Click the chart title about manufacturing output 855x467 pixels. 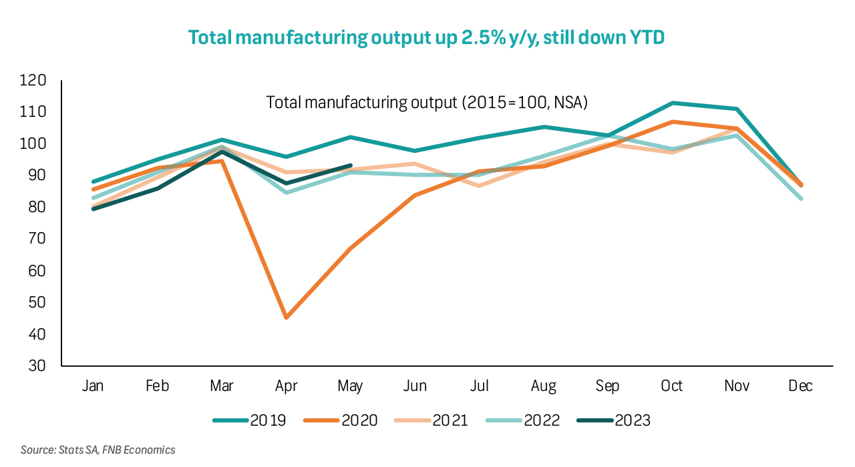(426, 37)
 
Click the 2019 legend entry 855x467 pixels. (250, 420)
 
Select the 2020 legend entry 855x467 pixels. (341, 420)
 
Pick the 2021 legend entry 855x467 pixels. (432, 420)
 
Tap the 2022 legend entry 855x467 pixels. (522, 420)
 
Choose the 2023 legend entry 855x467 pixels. (613, 420)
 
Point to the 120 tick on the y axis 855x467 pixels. (33, 81)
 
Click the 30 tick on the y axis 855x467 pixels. (36, 366)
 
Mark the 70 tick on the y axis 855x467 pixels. (36, 240)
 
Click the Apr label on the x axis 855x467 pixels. (286, 386)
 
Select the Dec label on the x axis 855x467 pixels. (800, 386)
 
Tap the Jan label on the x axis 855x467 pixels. (93, 386)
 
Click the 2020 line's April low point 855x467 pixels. (286, 318)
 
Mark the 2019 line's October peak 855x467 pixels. (672, 103)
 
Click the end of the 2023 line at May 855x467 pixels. (350, 165)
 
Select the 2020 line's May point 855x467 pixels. (350, 248)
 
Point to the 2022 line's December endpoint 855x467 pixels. (800, 198)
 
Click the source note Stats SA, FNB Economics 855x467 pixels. (98, 450)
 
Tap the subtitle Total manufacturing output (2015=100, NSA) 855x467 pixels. (426, 103)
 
